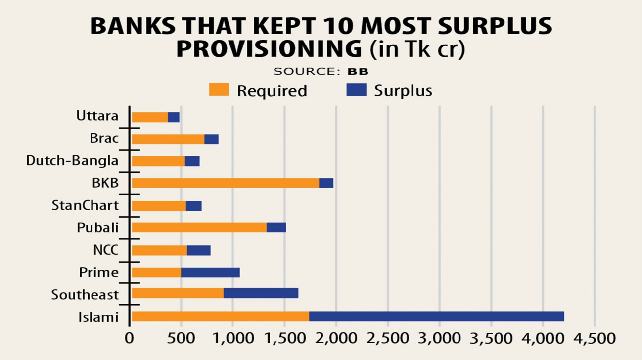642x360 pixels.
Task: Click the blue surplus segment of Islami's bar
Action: pyautogui.click(x=436, y=316)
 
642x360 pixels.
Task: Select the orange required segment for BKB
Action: pyautogui.click(x=225, y=183)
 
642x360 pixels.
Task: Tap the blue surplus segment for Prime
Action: pyautogui.click(x=210, y=272)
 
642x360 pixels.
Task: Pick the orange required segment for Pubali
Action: pyautogui.click(x=199, y=227)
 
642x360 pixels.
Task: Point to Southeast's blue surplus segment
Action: pyautogui.click(x=261, y=294)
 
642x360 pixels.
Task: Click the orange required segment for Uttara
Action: pyautogui.click(x=150, y=117)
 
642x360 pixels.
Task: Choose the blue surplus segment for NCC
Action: pyautogui.click(x=199, y=251)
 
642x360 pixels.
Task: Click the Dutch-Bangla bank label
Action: pyautogui.click(x=72, y=161)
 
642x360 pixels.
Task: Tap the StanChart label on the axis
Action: pyautogui.click(x=85, y=205)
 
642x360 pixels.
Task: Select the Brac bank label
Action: pyautogui.click(x=104, y=138)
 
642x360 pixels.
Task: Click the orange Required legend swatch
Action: pyautogui.click(x=219, y=90)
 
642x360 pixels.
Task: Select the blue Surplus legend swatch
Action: pyautogui.click(x=356, y=90)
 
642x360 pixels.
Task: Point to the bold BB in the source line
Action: pyautogui.click(x=358, y=71)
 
